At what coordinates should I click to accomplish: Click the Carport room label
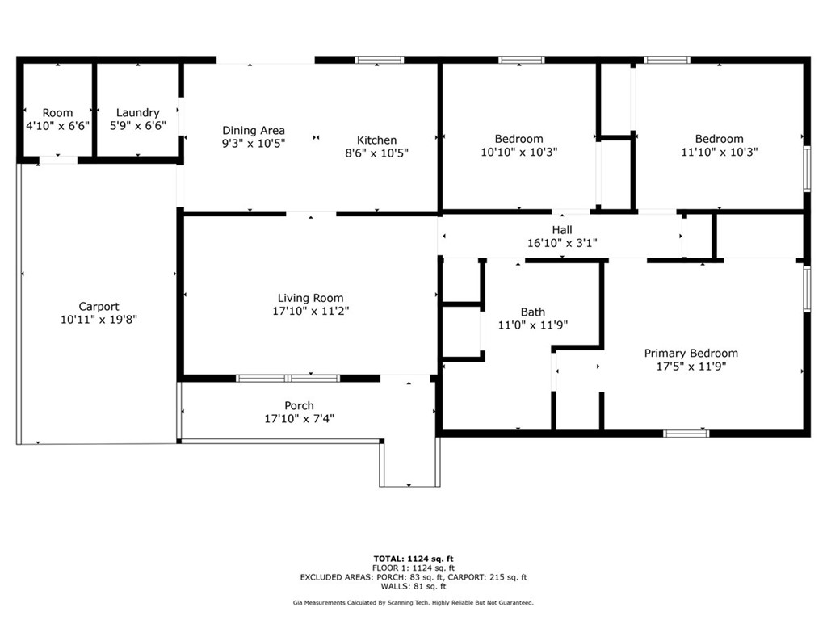[x=99, y=306]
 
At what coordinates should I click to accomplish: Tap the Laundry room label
[x=137, y=112]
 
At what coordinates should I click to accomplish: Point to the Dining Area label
[x=254, y=130]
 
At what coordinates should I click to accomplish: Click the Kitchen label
[x=377, y=140]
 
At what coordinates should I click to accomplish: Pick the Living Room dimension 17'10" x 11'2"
[x=311, y=311]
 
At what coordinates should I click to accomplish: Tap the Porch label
[x=299, y=405]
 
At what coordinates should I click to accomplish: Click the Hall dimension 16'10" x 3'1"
[x=562, y=242]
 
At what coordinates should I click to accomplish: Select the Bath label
[x=532, y=312]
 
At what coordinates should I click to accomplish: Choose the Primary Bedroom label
[x=691, y=353]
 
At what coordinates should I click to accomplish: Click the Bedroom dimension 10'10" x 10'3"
[x=518, y=152]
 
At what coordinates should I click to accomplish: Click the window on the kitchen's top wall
[x=380, y=60]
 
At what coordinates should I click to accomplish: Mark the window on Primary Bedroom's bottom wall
[x=686, y=434]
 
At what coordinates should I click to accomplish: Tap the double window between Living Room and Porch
[x=288, y=378]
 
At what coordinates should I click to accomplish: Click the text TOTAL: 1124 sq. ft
[x=413, y=558]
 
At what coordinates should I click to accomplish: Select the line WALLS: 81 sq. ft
[x=413, y=586]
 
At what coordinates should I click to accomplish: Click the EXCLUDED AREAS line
[x=413, y=577]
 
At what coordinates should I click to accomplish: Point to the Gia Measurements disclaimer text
[x=413, y=603]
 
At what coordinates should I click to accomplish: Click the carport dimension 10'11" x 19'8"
[x=99, y=320]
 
